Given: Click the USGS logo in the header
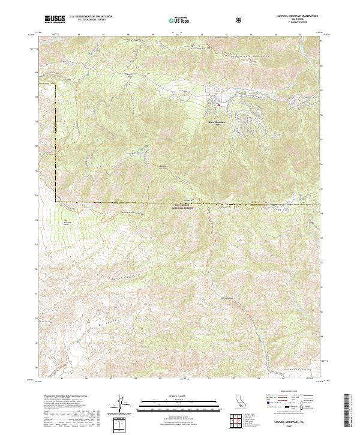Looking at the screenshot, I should tap(55, 19).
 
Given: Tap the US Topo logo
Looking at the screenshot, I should tap(181, 20).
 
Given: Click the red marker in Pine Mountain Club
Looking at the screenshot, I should tap(220, 107).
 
